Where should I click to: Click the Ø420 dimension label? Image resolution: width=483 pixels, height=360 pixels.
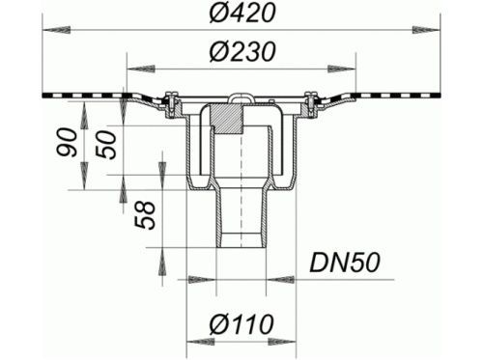242,13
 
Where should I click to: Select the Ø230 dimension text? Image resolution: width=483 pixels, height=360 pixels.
242,51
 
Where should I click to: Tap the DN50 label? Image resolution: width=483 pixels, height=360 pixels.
345,263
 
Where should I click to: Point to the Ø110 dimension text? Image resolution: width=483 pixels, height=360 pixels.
241,324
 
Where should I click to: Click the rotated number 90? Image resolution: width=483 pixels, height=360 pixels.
68,142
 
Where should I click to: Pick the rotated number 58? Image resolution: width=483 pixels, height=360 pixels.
145,215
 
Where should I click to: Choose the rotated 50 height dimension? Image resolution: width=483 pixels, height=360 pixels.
106,145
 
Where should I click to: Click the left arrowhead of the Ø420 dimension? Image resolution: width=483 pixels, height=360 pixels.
56,30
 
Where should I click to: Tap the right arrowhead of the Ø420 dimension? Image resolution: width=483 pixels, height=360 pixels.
426,30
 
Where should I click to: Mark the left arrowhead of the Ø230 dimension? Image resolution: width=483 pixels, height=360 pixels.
141,69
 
